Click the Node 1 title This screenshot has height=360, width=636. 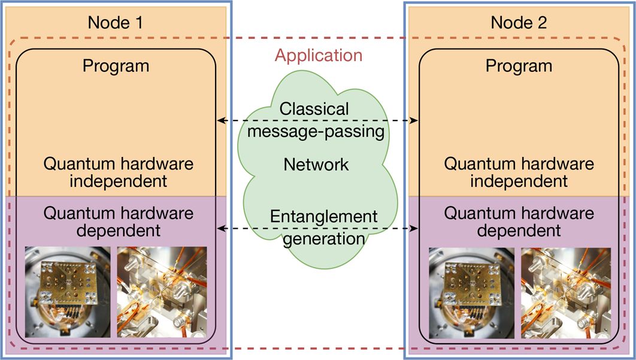[115, 23]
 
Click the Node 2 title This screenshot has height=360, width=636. [519, 23]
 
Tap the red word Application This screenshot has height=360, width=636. [319, 56]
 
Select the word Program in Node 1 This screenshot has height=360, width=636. [116, 65]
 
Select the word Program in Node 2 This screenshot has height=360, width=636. [519, 65]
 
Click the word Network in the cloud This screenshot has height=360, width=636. [316, 164]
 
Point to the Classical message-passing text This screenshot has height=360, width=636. [315, 120]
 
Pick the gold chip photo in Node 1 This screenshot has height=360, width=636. [68, 294]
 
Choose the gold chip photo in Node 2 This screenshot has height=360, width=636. [471, 294]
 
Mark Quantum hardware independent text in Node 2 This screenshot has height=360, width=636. [519, 172]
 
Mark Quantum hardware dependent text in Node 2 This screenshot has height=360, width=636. [519, 221]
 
